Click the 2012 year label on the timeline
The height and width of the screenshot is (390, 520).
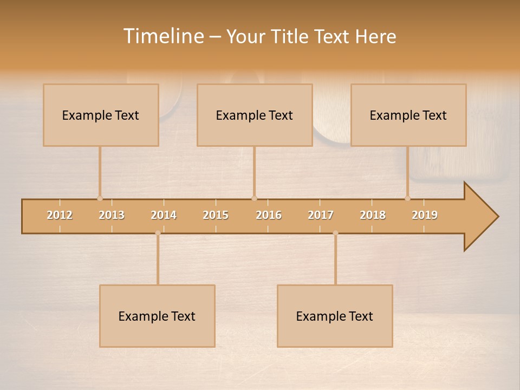(60, 215)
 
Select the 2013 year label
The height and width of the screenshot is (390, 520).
(112, 215)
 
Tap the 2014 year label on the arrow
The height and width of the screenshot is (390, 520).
(164, 215)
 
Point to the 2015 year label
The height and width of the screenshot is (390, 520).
(216, 215)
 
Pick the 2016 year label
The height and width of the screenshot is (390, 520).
(269, 215)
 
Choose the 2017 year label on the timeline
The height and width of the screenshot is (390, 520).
(321, 215)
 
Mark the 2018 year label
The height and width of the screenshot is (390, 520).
(373, 215)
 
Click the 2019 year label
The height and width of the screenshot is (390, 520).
(425, 215)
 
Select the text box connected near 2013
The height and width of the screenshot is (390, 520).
(101, 115)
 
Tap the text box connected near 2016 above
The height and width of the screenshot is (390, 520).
(255, 115)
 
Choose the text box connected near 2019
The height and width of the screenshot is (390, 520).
(408, 115)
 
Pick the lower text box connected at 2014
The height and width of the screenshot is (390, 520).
(157, 316)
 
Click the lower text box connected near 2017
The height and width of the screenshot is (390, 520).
(335, 316)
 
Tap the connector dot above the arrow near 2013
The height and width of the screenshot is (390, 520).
(100, 198)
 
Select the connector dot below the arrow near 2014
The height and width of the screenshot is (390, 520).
(158, 233)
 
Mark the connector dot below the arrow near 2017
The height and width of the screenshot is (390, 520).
(335, 233)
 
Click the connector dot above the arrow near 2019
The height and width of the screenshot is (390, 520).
(407, 198)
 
